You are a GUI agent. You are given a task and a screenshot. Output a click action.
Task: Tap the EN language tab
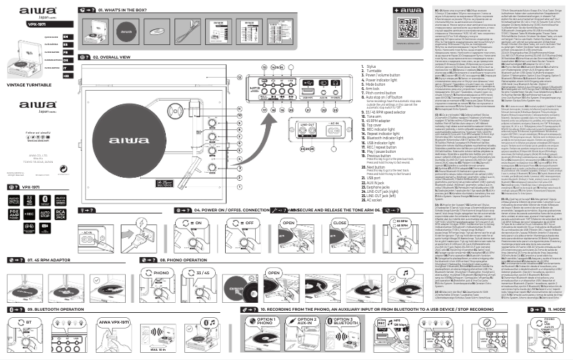tap(66, 34)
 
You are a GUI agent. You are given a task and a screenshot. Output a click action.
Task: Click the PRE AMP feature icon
tap(13, 214)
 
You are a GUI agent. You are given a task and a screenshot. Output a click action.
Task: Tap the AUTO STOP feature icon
tap(46, 214)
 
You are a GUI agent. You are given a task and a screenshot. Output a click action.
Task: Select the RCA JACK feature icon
tap(62, 214)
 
